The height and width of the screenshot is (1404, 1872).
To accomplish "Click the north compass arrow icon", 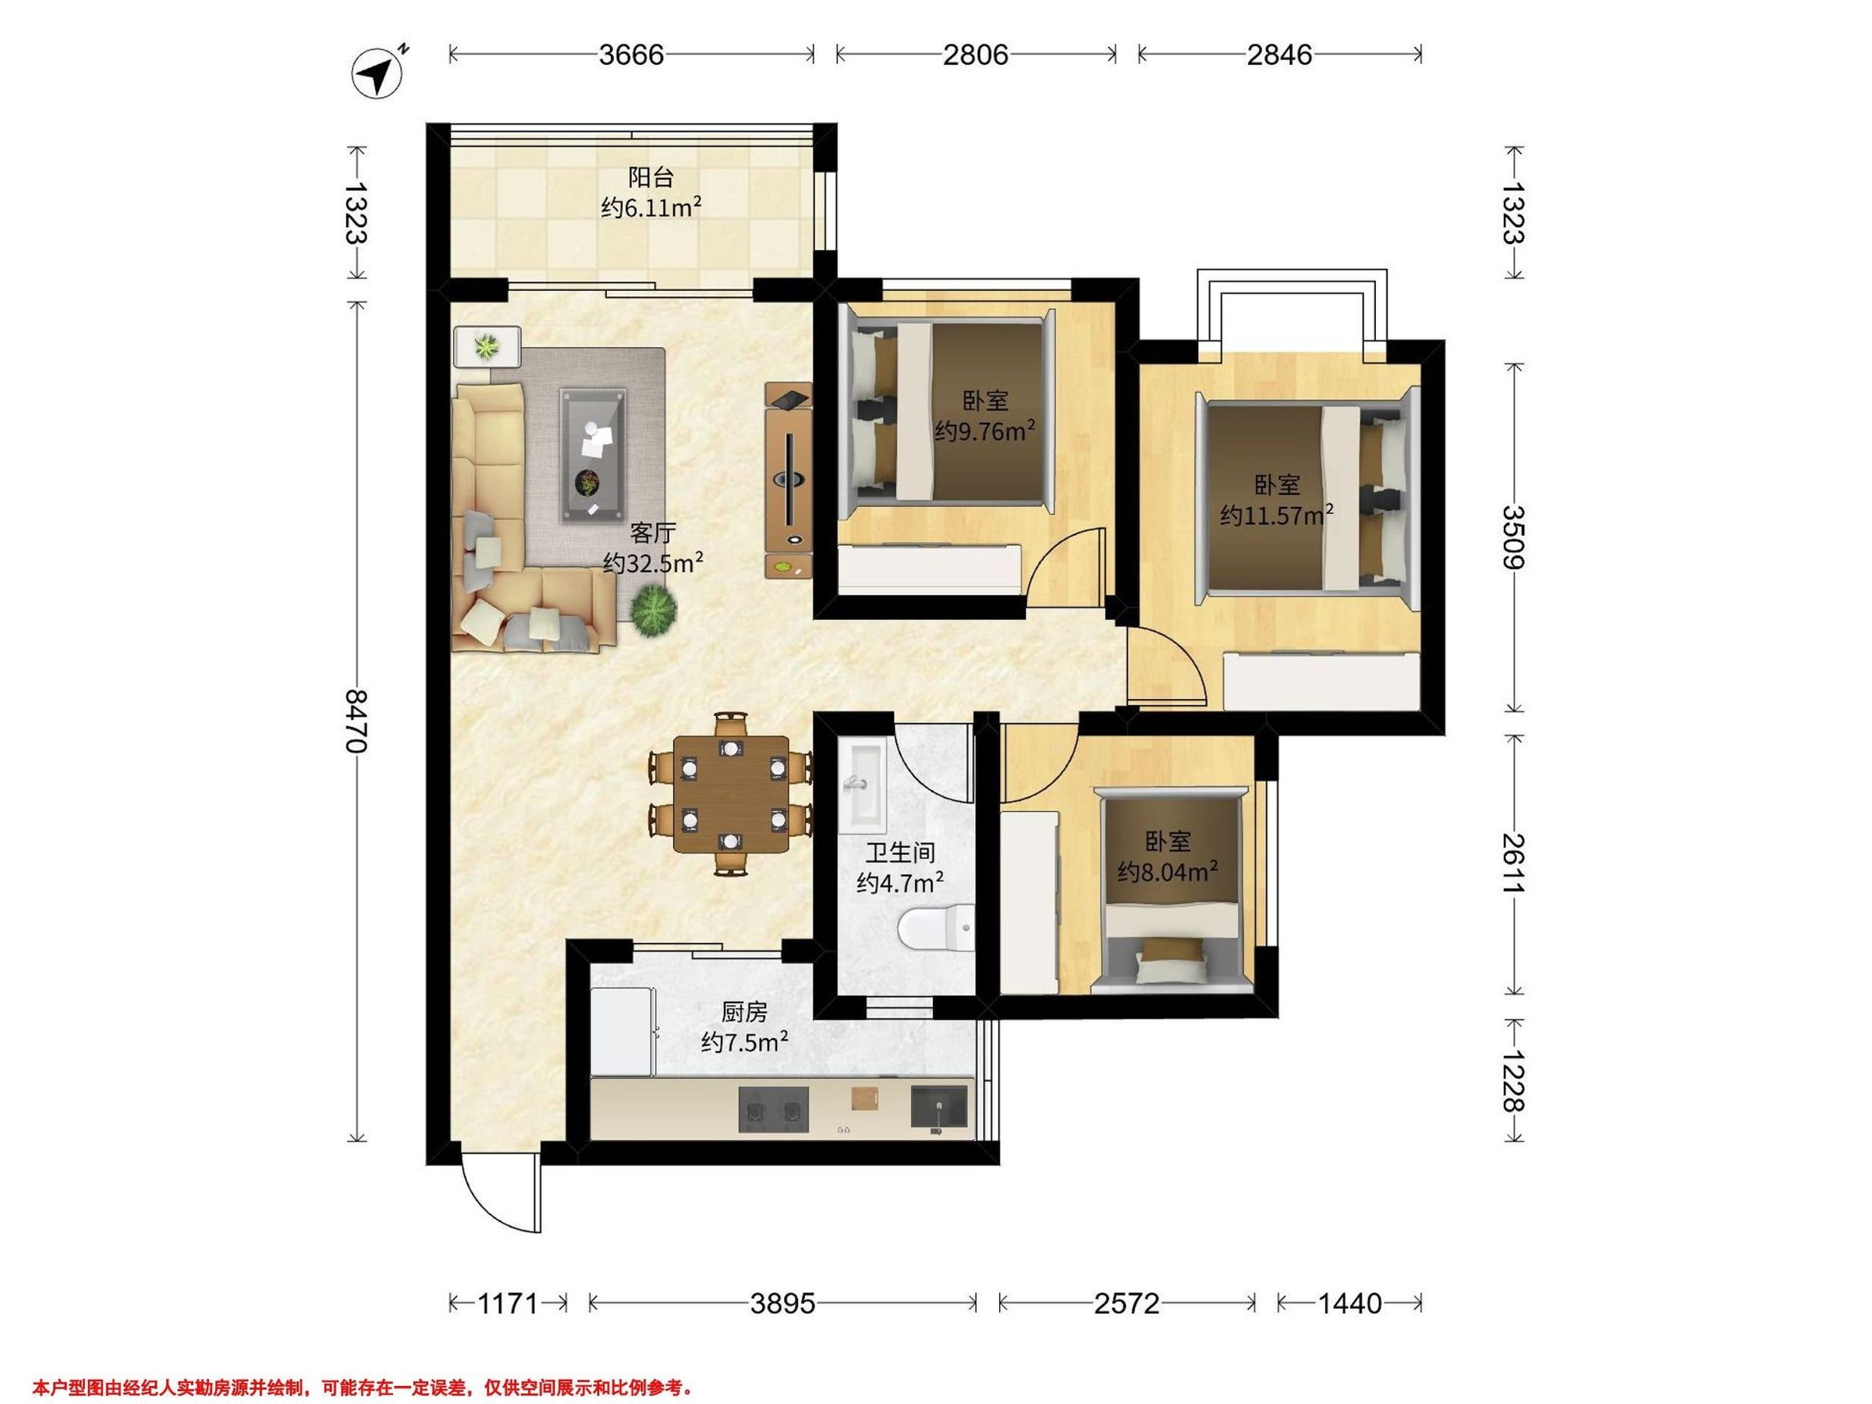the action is pos(378,73).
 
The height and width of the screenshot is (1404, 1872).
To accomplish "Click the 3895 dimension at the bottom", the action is pos(783,1303).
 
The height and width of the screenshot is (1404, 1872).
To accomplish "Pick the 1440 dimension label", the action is pos(1350,1303).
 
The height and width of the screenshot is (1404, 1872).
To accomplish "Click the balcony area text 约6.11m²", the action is pos(651,207).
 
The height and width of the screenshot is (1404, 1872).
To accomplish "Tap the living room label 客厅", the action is pos(653,534).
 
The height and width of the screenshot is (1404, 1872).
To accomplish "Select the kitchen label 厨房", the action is pos(744,1012).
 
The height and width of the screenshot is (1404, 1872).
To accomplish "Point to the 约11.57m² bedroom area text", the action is pos(1277,515).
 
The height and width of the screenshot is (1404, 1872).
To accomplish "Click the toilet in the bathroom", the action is pos(935,929).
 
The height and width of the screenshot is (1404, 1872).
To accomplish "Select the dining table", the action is pos(731,794).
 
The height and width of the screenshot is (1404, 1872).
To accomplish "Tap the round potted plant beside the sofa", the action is pos(654,611).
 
